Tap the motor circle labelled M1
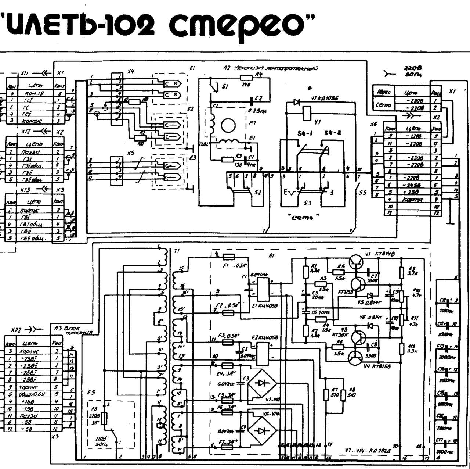[228, 126]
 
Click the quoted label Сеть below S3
[303, 218]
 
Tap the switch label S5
[362, 192]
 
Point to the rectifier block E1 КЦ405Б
[263, 289]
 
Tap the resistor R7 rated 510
[326, 395]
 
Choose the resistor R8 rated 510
[343, 395]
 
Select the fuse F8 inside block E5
[105, 418]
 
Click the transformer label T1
[177, 251]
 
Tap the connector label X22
[18, 329]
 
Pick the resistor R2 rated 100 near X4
[140, 138]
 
